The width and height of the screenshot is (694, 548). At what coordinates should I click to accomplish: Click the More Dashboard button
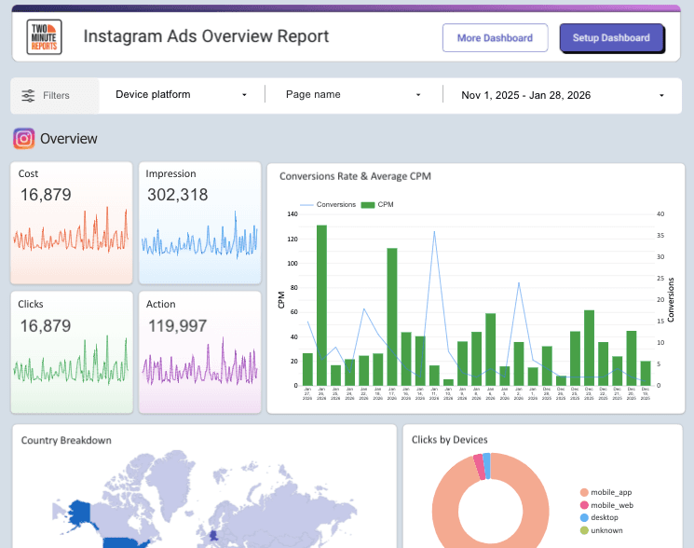point(495,38)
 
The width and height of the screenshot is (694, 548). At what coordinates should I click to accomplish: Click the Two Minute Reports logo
point(44,37)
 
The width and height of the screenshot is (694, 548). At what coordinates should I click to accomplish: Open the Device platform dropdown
point(181,94)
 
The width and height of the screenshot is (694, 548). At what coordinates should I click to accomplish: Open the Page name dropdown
point(352,94)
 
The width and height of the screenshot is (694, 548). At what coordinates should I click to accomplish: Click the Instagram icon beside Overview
point(24,139)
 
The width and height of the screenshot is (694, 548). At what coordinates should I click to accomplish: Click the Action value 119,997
point(177,325)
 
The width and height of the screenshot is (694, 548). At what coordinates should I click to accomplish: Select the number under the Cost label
point(46,195)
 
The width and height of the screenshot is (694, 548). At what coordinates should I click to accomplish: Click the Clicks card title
point(31,304)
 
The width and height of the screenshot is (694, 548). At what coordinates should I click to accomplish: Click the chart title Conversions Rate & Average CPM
point(355,175)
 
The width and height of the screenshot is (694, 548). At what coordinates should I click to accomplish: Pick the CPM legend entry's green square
point(367,204)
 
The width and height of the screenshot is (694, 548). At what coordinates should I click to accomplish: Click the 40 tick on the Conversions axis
point(660,214)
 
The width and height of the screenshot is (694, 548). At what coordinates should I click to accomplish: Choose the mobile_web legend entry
point(611,505)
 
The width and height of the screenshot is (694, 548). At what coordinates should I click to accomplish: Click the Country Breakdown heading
point(66,440)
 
